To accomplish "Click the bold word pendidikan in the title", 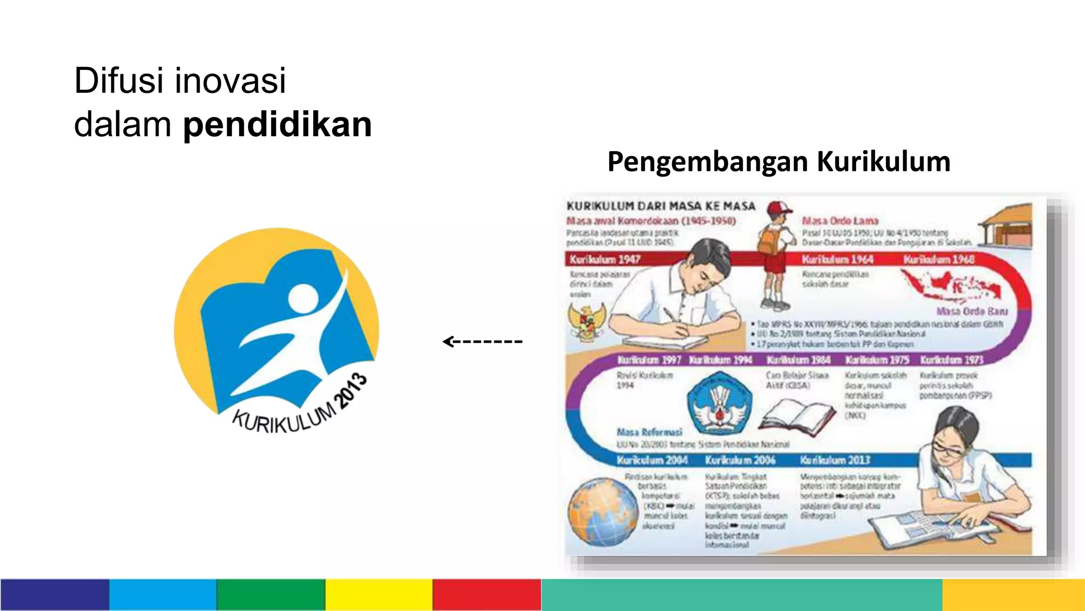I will [277, 125].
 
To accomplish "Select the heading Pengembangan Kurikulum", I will [779, 162].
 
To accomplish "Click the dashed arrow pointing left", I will [482, 341].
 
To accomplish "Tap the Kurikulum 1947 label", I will [605, 259].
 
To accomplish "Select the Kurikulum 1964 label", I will [837, 259].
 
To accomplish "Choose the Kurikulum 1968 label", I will [939, 259].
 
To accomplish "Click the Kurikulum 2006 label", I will [740, 460].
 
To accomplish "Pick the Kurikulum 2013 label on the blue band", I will [835, 460].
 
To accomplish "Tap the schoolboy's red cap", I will [779, 207].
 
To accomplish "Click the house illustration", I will [1007, 225].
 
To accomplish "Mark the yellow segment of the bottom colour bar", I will [378, 595].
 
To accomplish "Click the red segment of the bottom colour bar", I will [486, 595].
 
